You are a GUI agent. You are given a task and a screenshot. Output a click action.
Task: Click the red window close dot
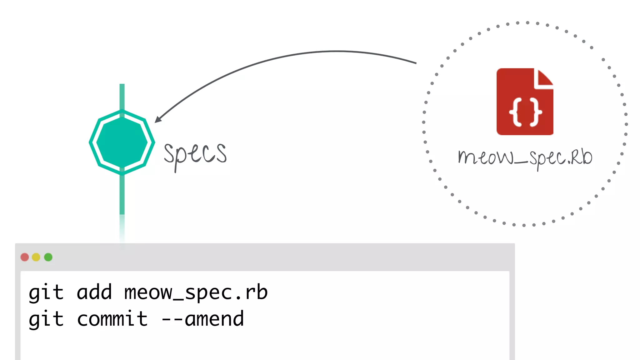25,257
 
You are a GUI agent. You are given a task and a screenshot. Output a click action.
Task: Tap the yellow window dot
36,257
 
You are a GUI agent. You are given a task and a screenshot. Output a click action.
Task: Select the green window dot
48,257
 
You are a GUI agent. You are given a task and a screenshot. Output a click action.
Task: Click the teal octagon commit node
122,142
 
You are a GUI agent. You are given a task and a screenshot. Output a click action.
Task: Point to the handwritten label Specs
195,154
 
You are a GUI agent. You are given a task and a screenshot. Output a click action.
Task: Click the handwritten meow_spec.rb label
525,157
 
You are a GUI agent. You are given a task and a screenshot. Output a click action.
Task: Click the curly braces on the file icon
525,112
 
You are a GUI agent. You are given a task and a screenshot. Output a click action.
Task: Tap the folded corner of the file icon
544,78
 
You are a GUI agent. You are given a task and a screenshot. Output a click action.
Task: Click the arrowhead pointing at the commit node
158,119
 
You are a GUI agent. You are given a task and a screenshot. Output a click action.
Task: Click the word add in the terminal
94,292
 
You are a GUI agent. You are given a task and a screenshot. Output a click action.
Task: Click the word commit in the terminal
112,319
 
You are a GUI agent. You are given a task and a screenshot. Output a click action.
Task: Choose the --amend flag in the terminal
202,319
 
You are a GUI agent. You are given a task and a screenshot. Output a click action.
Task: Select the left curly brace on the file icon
516,112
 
